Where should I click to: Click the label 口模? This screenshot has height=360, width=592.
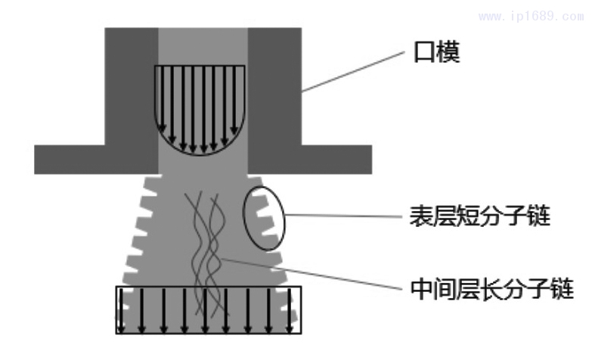pyautogui.click(x=438, y=54)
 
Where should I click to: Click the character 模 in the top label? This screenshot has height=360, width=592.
pyautogui.click(x=448, y=54)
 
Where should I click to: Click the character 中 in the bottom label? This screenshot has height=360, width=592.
pyautogui.click(x=420, y=287)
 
